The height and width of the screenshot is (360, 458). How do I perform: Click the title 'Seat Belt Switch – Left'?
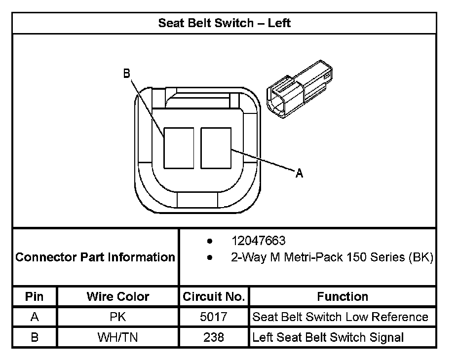(225, 23)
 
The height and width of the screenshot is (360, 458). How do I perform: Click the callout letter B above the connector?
(126, 73)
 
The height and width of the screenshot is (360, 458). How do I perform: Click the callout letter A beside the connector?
(300, 173)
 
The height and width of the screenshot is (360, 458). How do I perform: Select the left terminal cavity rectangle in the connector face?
(179, 148)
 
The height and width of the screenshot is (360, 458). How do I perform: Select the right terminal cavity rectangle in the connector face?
(216, 148)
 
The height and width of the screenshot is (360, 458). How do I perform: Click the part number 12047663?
(258, 241)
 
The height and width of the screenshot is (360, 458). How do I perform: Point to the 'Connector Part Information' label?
(95, 257)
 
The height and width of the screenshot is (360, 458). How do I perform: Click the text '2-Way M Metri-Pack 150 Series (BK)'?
(332, 257)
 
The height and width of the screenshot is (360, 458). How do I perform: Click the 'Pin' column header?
(35, 297)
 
